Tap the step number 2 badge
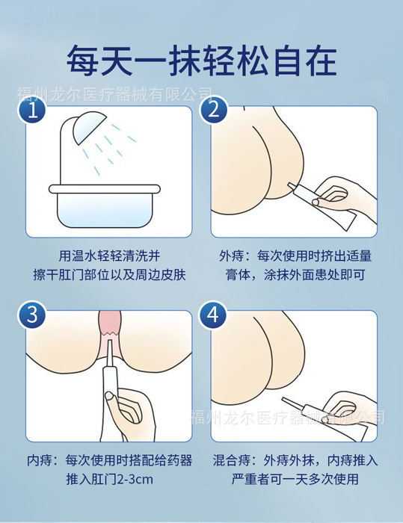pos(214,110)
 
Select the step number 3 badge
pos(32,315)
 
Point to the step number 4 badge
pos(214,315)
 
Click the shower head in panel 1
pos(87,127)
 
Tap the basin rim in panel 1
pos(105,189)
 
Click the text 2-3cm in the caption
pos(135,480)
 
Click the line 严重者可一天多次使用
pos(295,480)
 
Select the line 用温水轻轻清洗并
pos(109,256)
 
